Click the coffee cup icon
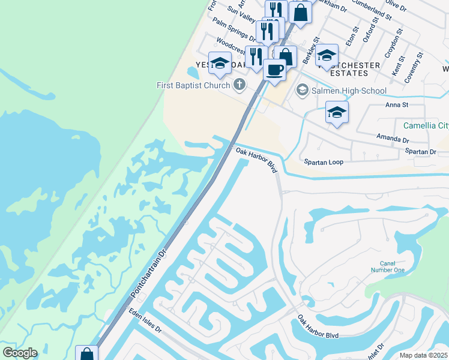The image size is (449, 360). tap(275, 70)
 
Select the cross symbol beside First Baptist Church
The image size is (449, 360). tap(240, 85)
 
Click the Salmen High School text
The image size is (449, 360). tap(349, 91)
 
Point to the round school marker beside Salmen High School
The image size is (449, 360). tap(302, 91)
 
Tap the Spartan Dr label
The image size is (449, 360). tap(420, 152)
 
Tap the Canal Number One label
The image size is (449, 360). tap(392, 266)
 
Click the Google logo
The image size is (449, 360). tap(20, 353)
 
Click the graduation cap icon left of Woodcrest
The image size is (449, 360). tap(220, 64)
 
